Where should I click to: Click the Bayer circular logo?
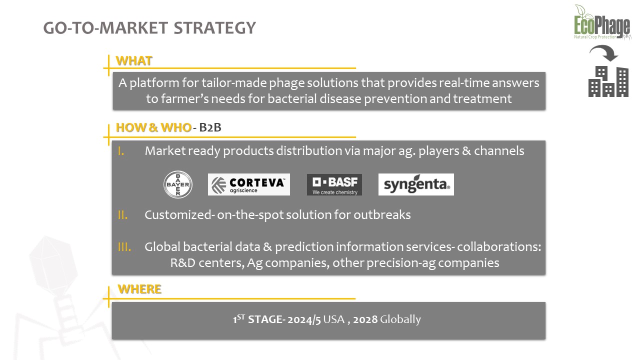[177, 184]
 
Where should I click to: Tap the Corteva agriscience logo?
[249, 184]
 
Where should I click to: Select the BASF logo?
[334, 185]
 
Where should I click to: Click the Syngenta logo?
[416, 184]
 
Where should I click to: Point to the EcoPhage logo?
[602, 22]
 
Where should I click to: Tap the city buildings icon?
[608, 81]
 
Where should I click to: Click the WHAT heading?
[133, 61]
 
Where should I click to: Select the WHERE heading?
[139, 289]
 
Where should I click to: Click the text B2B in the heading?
[210, 127]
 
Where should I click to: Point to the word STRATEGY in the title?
[214, 28]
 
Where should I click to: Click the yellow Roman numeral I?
[121, 151]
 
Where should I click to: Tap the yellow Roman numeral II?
[122, 215]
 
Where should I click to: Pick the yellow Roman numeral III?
[124, 247]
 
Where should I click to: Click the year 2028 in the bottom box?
[365, 319]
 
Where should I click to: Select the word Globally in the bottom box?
[400, 319]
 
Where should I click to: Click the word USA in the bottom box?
[333, 319]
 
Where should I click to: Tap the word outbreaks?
[382, 215]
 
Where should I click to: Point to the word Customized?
[178, 215]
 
